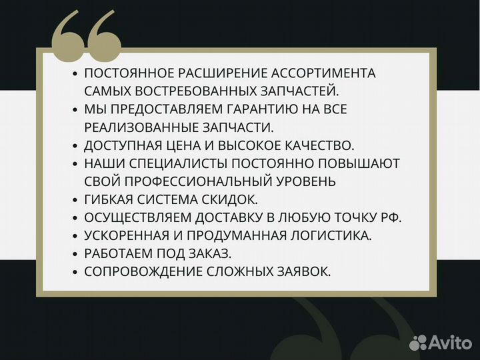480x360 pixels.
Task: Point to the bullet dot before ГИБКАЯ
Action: pyautogui.click(x=75, y=199)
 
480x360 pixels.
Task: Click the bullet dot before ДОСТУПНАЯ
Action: pyautogui.click(x=75, y=145)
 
